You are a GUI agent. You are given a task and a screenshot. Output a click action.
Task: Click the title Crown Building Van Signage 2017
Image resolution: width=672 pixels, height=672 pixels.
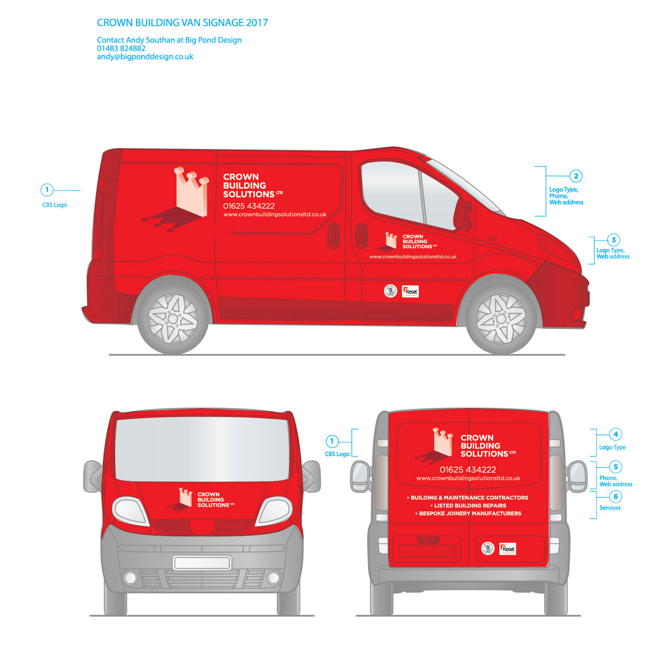tap(182, 23)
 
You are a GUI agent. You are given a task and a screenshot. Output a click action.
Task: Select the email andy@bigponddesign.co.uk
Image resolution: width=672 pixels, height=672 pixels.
tap(145, 57)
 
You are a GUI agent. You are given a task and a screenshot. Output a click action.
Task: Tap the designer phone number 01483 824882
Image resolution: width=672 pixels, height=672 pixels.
tap(121, 48)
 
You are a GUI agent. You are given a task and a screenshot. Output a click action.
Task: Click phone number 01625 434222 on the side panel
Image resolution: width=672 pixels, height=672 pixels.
tap(249, 206)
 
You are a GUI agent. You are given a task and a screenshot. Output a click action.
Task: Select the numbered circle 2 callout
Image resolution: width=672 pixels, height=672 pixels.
tap(576, 176)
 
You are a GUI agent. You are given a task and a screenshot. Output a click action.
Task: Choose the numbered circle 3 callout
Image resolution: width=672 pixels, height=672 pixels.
tap(613, 240)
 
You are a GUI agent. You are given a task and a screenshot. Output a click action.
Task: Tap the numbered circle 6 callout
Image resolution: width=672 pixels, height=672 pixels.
tap(616, 497)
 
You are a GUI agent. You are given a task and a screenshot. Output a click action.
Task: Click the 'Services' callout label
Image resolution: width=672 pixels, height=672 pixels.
tap(610, 508)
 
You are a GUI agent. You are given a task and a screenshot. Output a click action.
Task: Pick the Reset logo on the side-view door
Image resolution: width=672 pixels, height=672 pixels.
tap(410, 291)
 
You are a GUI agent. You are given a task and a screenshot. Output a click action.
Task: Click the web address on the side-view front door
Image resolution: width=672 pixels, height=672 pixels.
tap(413, 257)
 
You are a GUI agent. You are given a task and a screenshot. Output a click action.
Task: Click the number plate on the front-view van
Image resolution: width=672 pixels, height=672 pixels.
tap(202, 563)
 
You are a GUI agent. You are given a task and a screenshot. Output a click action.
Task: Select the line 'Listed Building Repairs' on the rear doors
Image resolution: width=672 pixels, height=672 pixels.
tap(470, 506)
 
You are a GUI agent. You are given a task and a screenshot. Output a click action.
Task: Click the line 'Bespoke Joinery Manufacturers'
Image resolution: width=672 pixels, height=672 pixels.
tap(470, 514)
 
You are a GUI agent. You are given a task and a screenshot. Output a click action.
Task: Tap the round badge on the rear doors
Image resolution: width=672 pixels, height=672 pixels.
tap(488, 548)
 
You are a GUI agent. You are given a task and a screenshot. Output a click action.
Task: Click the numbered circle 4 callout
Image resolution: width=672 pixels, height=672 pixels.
tap(616, 434)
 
